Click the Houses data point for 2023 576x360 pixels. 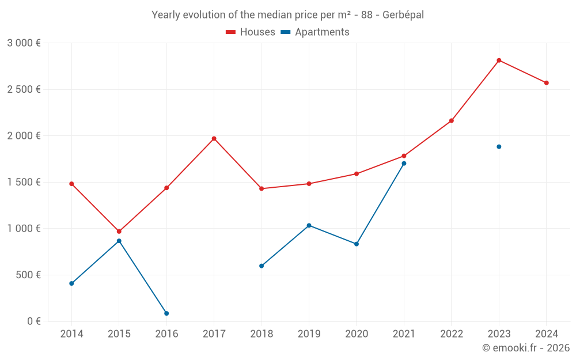[x=499, y=60]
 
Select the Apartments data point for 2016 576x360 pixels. [x=166, y=313]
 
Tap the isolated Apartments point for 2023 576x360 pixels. [x=499, y=147]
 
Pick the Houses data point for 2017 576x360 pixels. [x=214, y=138]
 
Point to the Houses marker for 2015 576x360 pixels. [x=119, y=232]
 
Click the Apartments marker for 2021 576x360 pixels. [x=404, y=164]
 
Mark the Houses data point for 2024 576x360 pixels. [x=547, y=83]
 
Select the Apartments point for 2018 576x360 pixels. [x=262, y=266]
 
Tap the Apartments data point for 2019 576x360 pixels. [x=309, y=225]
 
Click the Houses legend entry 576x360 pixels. [x=251, y=32]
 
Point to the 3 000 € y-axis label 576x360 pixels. [x=24, y=43]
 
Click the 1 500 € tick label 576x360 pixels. [x=24, y=182]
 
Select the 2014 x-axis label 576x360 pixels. [x=71, y=334]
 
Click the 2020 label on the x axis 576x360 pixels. [x=357, y=334]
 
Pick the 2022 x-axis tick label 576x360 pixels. [x=452, y=334]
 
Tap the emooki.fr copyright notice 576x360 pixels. [x=525, y=348]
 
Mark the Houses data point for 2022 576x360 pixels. [x=452, y=121]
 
